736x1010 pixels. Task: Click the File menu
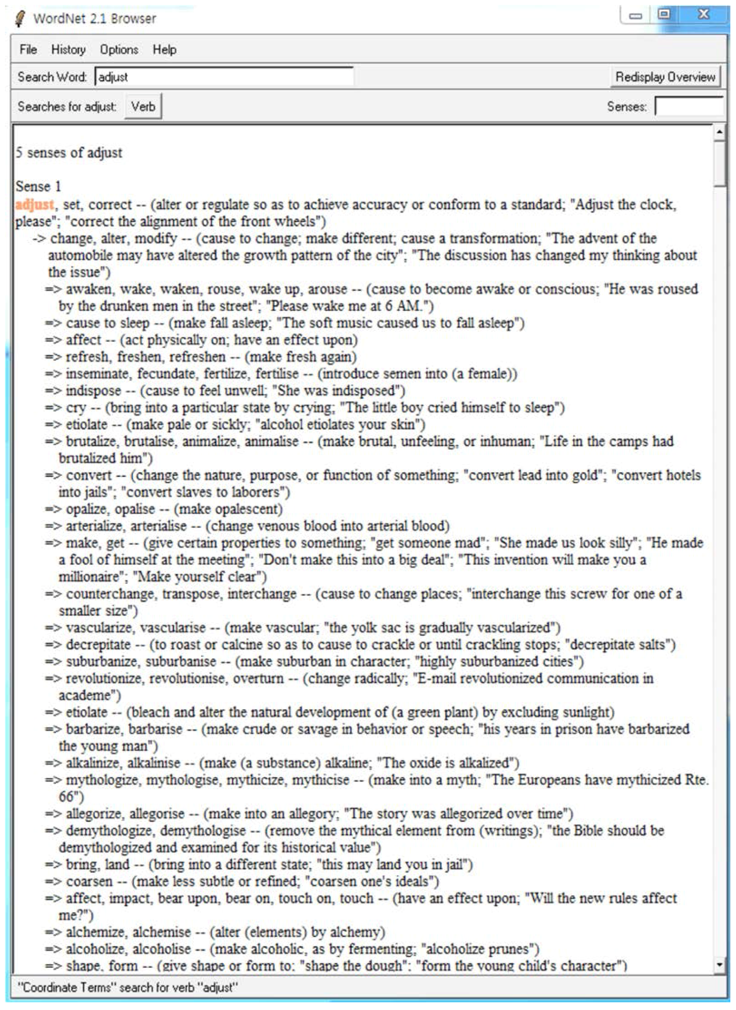28,49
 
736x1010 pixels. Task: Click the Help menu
164,49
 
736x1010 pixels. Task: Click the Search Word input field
224,77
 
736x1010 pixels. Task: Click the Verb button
143,107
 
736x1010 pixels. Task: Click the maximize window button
664,15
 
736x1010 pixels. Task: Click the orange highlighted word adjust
35,205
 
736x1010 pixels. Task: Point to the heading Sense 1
38,186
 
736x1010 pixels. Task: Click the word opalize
85,509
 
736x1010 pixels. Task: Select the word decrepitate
98,644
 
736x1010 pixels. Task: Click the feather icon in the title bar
20,18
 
